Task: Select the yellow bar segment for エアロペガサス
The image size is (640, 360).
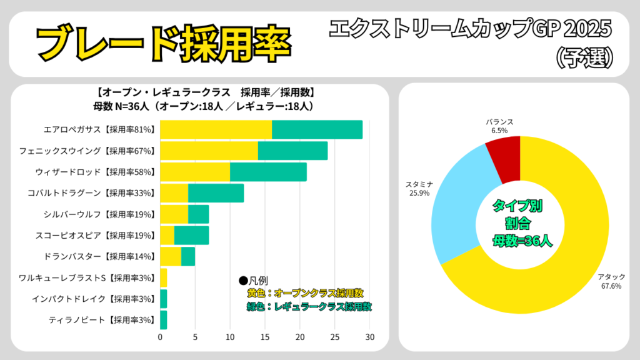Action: tap(216, 129)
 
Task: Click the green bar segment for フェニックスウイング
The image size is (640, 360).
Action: tap(292, 151)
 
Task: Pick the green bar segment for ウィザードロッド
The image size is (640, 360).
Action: tap(268, 172)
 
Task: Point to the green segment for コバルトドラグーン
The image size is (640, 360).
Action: tap(216, 193)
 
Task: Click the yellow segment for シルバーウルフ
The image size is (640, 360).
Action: tap(174, 214)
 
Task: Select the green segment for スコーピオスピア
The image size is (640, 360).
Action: tap(191, 236)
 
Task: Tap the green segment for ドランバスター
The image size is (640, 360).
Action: tap(188, 257)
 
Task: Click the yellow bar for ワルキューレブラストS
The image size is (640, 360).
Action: tap(164, 278)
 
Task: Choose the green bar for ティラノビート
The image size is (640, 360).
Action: tap(164, 320)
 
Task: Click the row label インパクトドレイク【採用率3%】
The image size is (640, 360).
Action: tap(93, 299)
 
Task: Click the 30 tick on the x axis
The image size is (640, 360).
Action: tap(370, 337)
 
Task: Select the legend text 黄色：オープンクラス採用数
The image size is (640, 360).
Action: tap(305, 293)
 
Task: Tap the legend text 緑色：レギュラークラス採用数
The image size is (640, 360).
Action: tap(309, 306)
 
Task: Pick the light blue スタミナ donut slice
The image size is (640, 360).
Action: tap(460, 206)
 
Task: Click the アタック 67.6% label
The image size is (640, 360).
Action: tap(611, 281)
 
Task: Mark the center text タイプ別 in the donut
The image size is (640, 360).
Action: tap(517, 206)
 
